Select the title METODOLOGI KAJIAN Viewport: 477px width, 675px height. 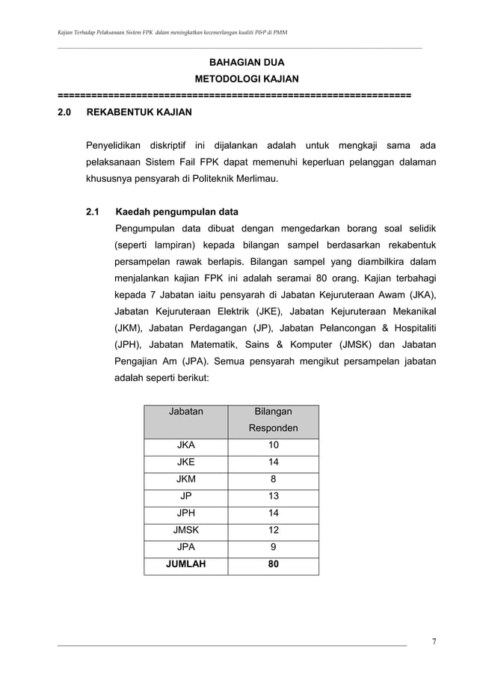[246, 79]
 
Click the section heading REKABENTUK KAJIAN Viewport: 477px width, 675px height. [139, 113]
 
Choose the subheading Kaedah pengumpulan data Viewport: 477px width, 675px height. [182, 212]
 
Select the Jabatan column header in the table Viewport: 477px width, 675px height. [185, 412]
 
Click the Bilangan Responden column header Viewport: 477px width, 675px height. [273, 420]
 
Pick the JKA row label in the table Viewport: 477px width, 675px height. [185, 445]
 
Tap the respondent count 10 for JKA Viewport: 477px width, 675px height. [273, 445]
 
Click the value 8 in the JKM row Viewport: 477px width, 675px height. [273, 479]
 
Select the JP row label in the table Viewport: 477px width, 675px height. [185, 496]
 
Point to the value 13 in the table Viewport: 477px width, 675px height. [273, 496]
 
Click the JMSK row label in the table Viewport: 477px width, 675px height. [185, 530]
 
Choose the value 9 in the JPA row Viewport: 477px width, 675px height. [273, 547]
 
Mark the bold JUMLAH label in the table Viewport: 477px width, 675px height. [185, 564]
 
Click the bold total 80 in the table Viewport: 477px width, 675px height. [273, 564]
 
